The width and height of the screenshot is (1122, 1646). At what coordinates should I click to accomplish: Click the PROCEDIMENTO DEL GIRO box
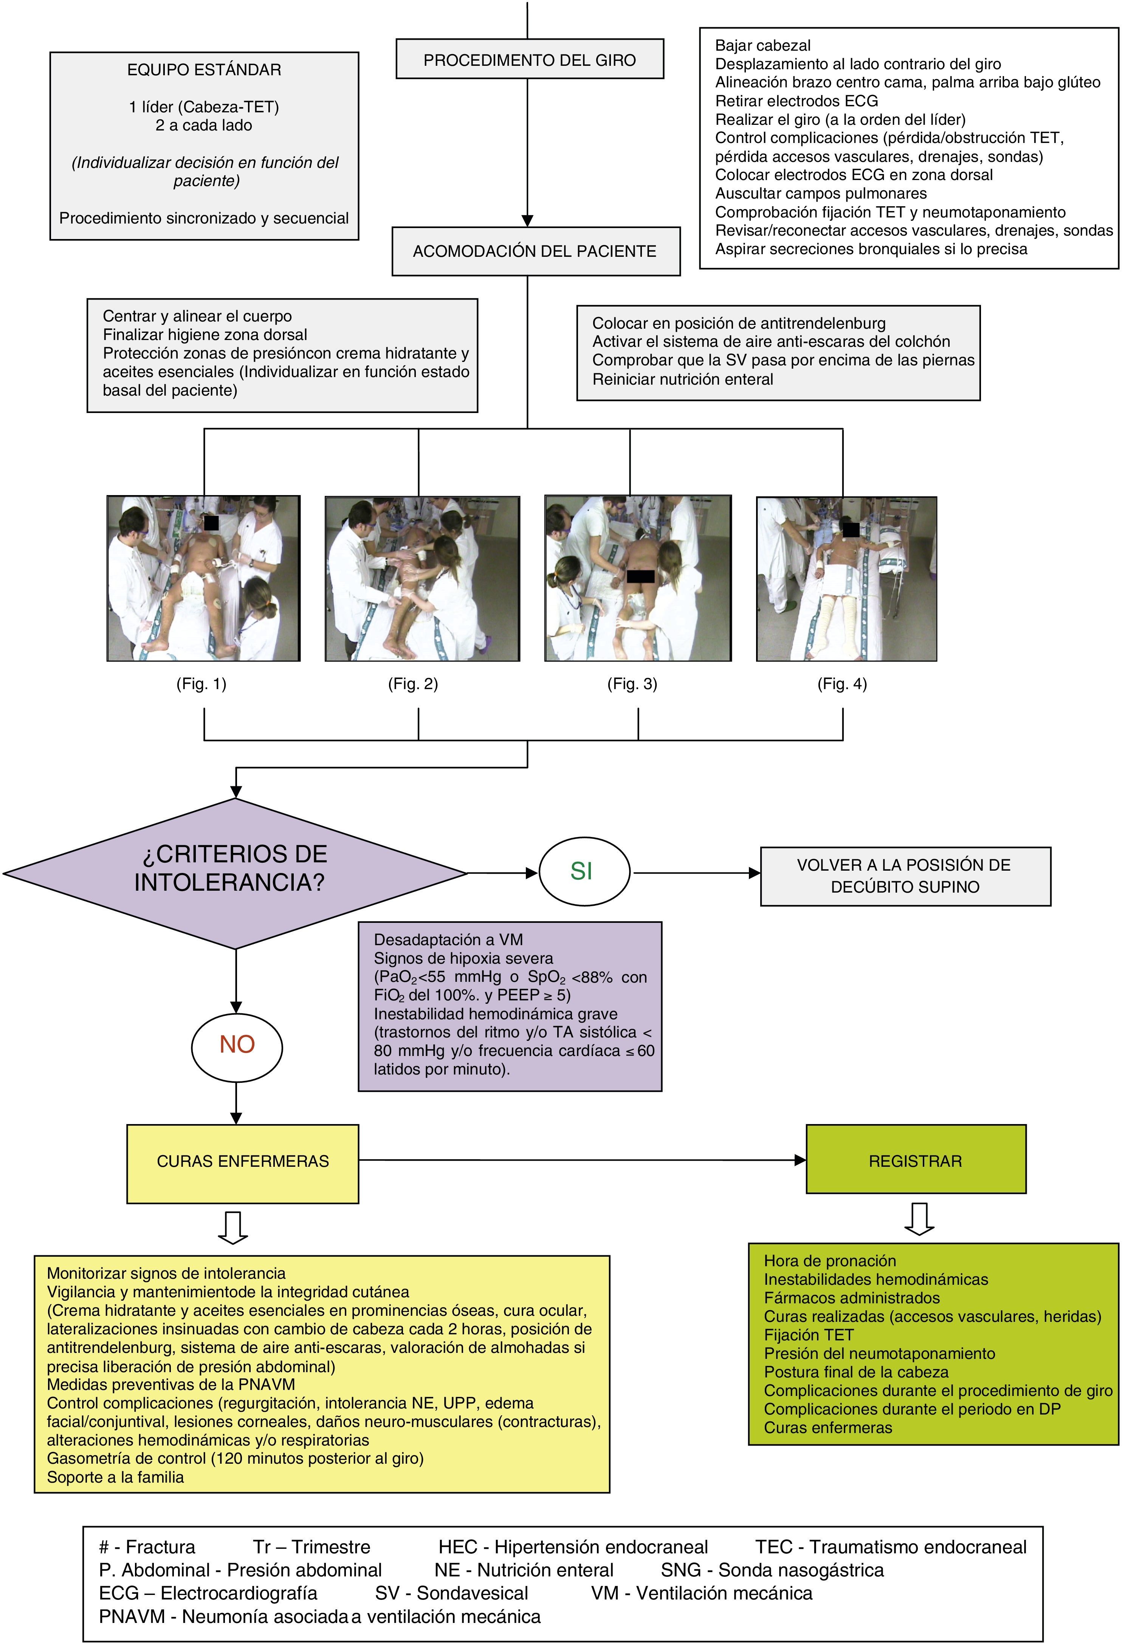tap(530, 59)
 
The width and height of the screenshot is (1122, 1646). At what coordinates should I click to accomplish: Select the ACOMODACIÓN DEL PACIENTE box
tap(535, 252)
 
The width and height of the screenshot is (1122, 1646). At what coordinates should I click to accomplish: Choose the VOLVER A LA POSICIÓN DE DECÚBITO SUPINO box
tap(905, 876)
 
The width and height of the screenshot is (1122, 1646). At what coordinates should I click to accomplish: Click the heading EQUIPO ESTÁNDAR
tap(204, 70)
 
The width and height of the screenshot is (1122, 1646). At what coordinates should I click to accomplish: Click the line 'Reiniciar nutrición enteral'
tap(682, 380)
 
